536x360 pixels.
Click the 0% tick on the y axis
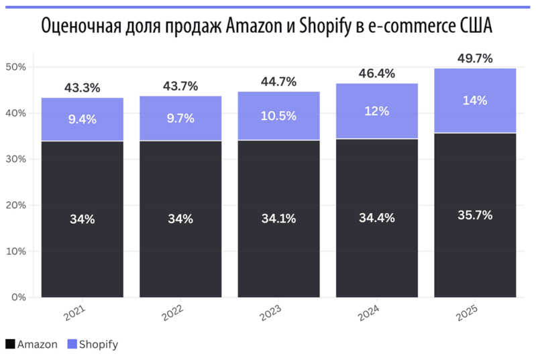tap(17, 297)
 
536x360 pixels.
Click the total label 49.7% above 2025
tap(475, 58)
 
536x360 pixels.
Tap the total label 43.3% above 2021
tap(82, 88)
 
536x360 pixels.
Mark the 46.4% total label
tap(376, 73)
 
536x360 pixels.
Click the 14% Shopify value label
tap(475, 101)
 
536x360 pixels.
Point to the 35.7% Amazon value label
tap(475, 215)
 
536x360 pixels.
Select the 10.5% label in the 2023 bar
tap(278, 116)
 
